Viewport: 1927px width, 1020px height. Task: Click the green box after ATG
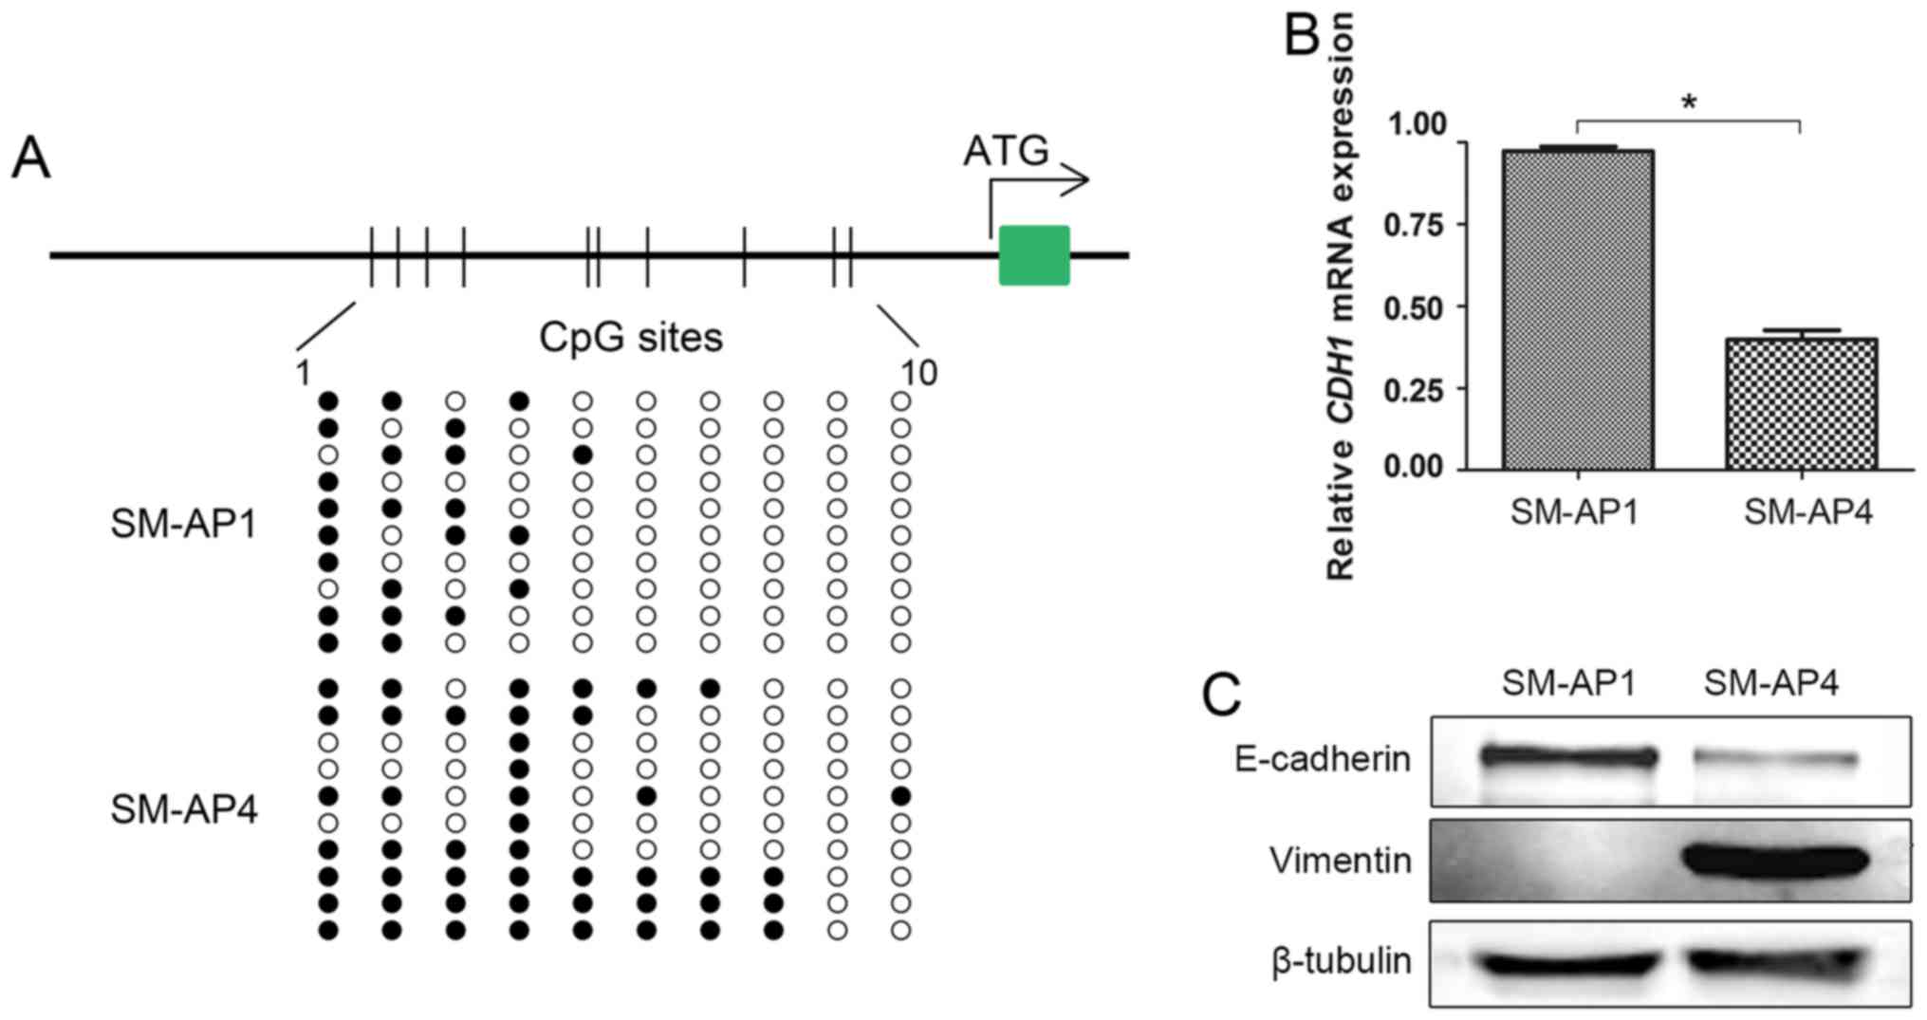coord(1034,255)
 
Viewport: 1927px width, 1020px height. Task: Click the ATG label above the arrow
coord(1006,151)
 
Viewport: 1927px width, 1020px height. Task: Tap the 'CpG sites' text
coord(631,338)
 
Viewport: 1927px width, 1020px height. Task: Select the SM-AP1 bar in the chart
coord(1578,309)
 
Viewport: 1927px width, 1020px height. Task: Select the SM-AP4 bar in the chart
coord(1801,403)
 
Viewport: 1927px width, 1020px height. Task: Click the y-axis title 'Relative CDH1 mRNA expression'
coord(1340,294)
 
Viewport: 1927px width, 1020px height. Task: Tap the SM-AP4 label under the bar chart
coord(1808,513)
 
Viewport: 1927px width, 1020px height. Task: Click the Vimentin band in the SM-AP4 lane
coord(1774,861)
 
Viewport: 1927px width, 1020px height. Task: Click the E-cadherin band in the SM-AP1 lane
coord(1569,757)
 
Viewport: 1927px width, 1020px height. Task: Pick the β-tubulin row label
coord(1341,961)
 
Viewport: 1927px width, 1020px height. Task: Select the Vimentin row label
coord(1340,861)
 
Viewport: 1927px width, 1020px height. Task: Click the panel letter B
coord(1302,36)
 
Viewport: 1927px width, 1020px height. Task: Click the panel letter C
coord(1222,695)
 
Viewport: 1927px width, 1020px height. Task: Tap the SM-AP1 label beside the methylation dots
coord(184,524)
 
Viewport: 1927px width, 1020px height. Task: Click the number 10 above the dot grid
coord(918,374)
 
